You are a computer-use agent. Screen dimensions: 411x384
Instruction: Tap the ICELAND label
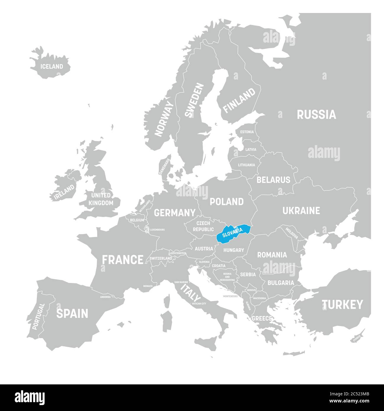tap(52, 67)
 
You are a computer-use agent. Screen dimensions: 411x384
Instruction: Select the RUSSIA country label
tap(316, 114)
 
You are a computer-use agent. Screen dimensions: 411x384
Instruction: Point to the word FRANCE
tap(123, 260)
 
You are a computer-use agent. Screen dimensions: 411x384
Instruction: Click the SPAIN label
tap(72, 313)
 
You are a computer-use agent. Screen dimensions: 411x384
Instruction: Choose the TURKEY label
tap(342, 304)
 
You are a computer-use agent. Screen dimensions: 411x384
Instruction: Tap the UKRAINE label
tap(301, 210)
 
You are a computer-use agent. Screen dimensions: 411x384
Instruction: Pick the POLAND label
tap(227, 202)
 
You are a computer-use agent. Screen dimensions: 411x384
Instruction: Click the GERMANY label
tap(175, 212)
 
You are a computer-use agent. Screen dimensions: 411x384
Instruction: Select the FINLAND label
tap(239, 100)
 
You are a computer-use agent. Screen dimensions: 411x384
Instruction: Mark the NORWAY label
tap(165, 119)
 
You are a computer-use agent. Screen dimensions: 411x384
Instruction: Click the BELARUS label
tap(273, 179)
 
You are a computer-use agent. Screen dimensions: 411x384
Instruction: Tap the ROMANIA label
tap(272, 255)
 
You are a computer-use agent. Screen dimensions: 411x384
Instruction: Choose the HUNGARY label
tap(233, 250)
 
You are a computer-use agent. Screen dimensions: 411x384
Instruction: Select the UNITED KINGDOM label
tap(101, 199)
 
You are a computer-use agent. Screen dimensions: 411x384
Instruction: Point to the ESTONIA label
tap(247, 132)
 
